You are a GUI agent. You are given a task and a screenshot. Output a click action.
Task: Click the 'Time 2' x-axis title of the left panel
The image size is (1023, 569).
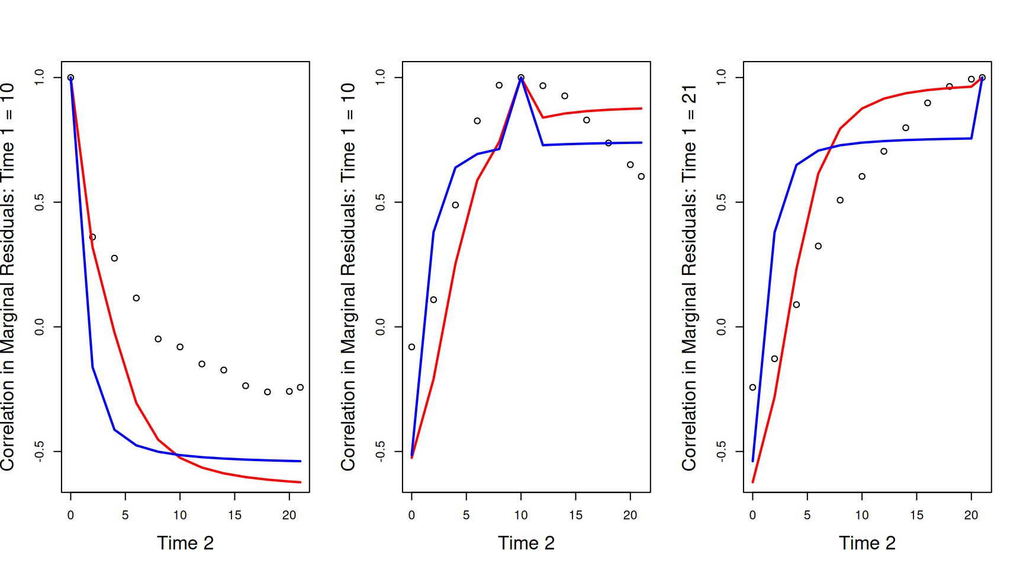point(185,543)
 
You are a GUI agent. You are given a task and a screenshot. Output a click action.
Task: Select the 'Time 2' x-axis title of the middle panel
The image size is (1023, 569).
point(526,543)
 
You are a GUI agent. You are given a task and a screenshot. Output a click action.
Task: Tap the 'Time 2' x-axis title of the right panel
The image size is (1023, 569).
point(867,543)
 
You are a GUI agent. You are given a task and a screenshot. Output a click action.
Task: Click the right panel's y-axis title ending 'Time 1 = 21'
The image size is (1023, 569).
point(689,277)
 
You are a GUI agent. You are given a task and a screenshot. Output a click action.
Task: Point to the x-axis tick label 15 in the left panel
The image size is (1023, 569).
point(234,515)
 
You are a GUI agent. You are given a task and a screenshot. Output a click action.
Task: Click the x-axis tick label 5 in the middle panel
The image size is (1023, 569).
point(466,515)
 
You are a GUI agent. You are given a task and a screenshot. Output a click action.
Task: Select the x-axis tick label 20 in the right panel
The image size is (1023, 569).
point(971,515)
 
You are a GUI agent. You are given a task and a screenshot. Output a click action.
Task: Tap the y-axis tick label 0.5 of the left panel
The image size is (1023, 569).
point(40,203)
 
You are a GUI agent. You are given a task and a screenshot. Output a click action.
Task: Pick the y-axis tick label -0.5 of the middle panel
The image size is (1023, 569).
point(381,452)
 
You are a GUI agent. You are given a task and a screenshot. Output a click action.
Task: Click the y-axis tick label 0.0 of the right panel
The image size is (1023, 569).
point(722,327)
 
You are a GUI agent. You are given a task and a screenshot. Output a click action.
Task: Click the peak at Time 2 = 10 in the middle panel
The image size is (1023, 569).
point(521,78)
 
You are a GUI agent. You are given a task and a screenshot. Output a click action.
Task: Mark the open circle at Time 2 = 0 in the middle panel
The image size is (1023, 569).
point(411,347)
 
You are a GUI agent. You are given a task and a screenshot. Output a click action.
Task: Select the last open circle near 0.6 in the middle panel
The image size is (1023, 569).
point(641,176)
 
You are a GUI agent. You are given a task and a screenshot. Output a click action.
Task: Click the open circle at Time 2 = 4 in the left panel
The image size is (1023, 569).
point(114,258)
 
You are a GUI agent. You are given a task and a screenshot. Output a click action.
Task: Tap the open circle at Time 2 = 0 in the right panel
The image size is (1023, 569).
point(752,387)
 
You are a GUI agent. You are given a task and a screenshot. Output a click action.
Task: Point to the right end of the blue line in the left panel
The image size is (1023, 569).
point(301,461)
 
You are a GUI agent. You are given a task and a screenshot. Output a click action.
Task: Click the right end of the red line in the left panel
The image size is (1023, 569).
point(301,482)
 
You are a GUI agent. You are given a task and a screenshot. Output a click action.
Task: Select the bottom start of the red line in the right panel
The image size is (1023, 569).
point(752,482)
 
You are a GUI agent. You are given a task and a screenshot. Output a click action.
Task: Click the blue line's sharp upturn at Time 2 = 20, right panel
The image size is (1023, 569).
point(971,138)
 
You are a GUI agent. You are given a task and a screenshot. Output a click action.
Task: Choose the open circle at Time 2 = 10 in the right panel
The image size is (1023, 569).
point(862,176)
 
